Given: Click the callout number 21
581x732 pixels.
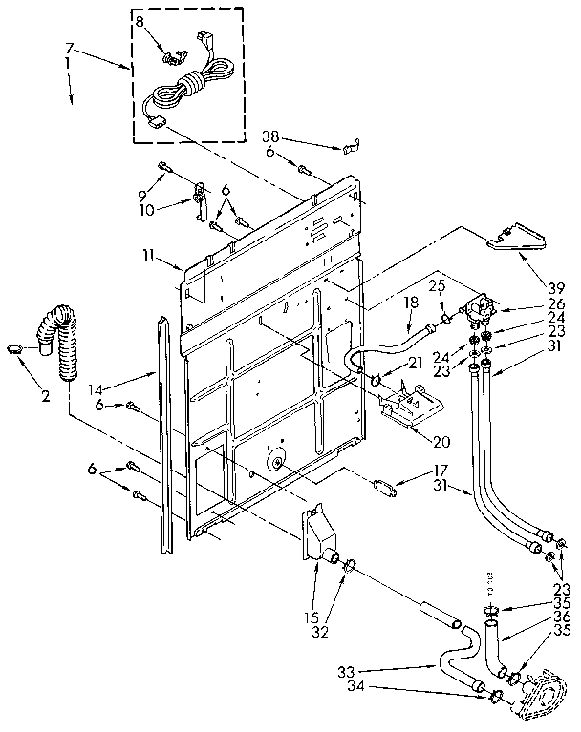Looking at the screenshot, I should pos(415,363).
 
